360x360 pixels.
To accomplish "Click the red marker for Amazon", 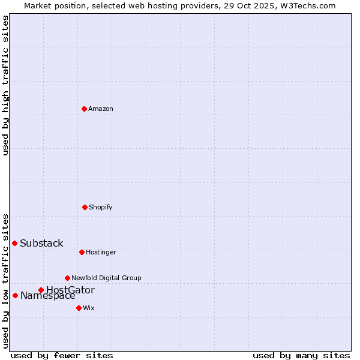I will click(84, 109).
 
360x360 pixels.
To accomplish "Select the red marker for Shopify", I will click(85, 207).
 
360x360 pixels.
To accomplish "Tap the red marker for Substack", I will click(15, 243).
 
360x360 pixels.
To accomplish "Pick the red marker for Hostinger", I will click(82, 252).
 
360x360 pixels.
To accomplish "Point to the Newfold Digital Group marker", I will click(67, 278).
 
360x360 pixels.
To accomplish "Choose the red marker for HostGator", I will click(41, 290).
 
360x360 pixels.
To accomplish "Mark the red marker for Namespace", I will click(15, 295).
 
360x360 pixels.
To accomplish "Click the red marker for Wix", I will click(79, 308).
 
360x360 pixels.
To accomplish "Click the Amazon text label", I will click(101, 109).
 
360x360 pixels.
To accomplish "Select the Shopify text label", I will click(101, 207).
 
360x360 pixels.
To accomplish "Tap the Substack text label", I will click(41, 243).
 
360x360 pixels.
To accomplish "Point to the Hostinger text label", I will click(101, 252).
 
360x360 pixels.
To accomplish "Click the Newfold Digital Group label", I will click(106, 278).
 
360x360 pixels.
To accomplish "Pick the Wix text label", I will click(89, 308).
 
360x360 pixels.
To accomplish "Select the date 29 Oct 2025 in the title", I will click(253, 5).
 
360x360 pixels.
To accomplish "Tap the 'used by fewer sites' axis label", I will click(62, 355).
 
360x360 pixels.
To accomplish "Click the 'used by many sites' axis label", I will click(301, 355).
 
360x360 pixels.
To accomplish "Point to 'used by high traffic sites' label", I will click(5, 85).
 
